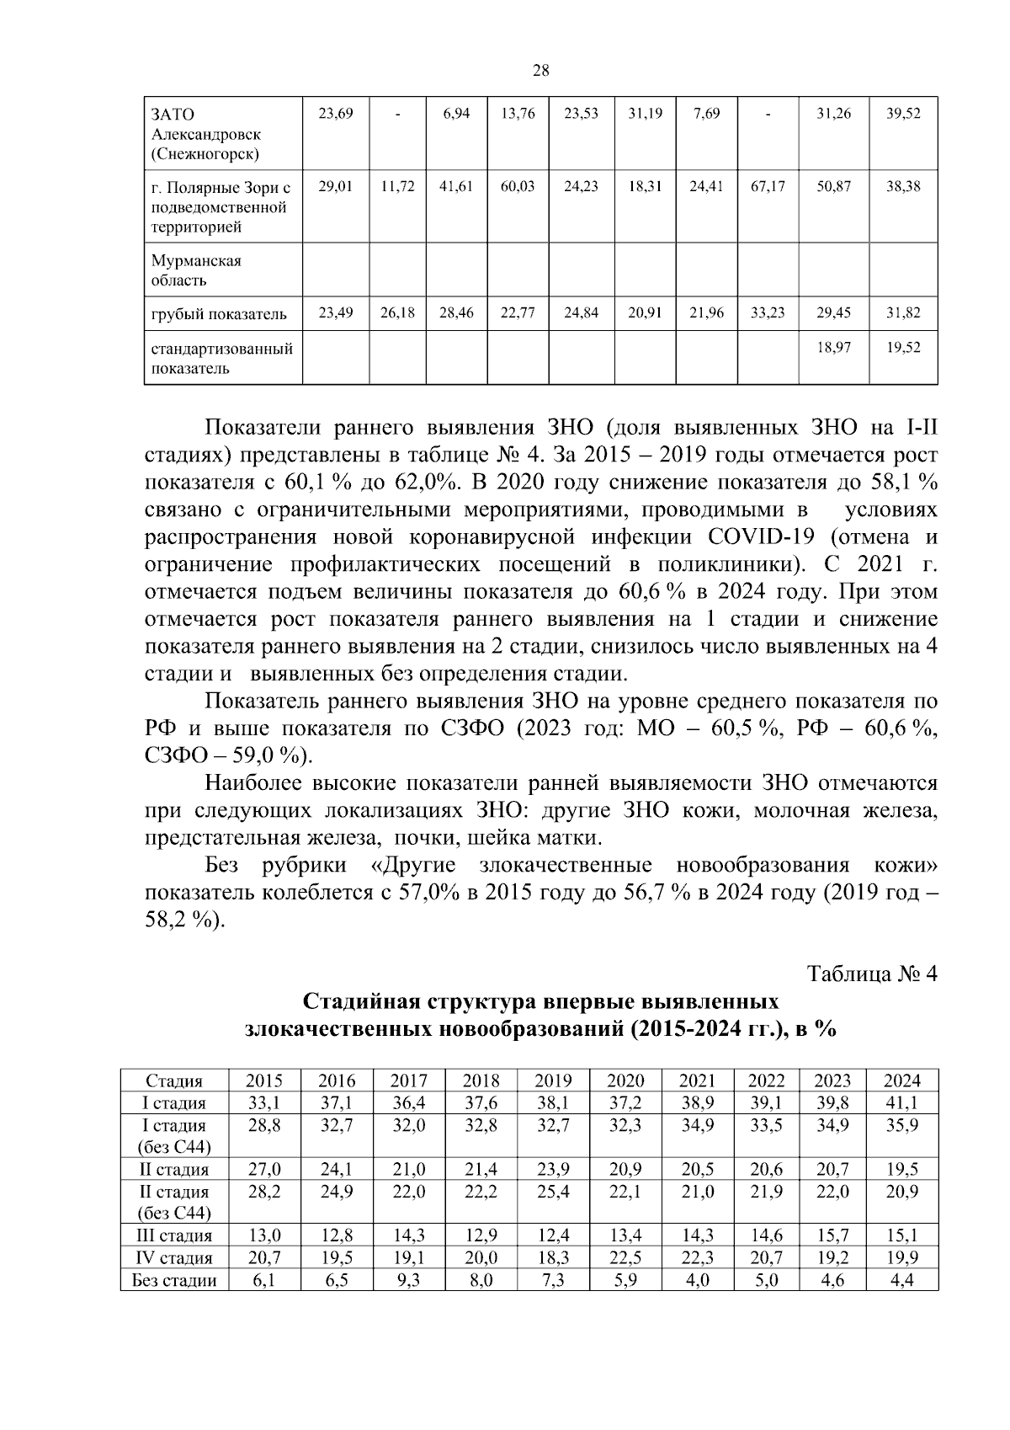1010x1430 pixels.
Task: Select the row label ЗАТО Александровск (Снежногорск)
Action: coord(205,134)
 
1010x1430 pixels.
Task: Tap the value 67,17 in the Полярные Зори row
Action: coord(768,186)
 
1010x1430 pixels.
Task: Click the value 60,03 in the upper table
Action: coord(518,186)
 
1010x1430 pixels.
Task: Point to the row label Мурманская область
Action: coord(196,270)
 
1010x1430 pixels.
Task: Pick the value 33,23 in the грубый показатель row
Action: coord(768,313)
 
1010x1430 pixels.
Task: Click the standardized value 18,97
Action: coord(833,347)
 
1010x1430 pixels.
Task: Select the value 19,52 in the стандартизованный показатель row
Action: coord(903,347)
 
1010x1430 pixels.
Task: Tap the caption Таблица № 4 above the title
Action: coord(872,974)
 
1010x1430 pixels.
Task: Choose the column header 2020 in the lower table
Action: coord(625,1081)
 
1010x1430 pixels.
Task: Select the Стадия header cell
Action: coord(174,1081)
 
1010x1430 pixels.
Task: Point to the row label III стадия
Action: coord(174,1235)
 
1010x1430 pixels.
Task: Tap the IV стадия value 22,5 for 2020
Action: coord(625,1257)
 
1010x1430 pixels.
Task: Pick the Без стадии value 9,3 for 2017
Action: coord(409,1280)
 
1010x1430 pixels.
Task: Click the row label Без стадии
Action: coord(174,1280)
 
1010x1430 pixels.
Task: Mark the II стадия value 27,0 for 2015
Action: coord(264,1169)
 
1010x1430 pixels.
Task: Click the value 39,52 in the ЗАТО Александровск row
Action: coord(903,114)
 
